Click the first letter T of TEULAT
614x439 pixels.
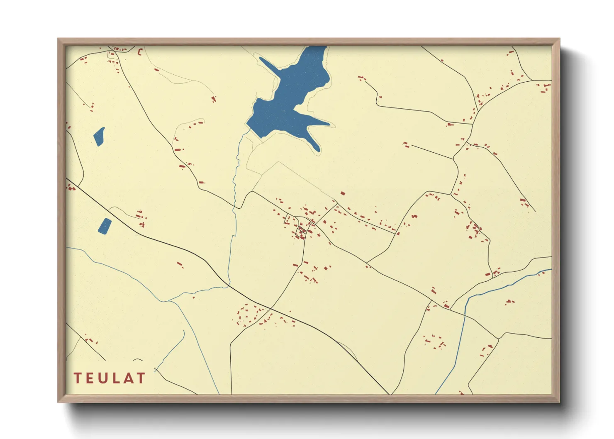coord(78,378)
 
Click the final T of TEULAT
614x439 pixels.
coord(141,378)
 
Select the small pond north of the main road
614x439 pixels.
coord(99,137)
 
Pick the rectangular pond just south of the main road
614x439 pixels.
coord(105,226)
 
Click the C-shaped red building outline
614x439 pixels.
coord(140,52)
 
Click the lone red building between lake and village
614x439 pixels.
coord(343,193)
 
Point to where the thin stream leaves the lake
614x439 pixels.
coord(248,130)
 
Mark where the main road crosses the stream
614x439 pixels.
coord(228,285)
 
